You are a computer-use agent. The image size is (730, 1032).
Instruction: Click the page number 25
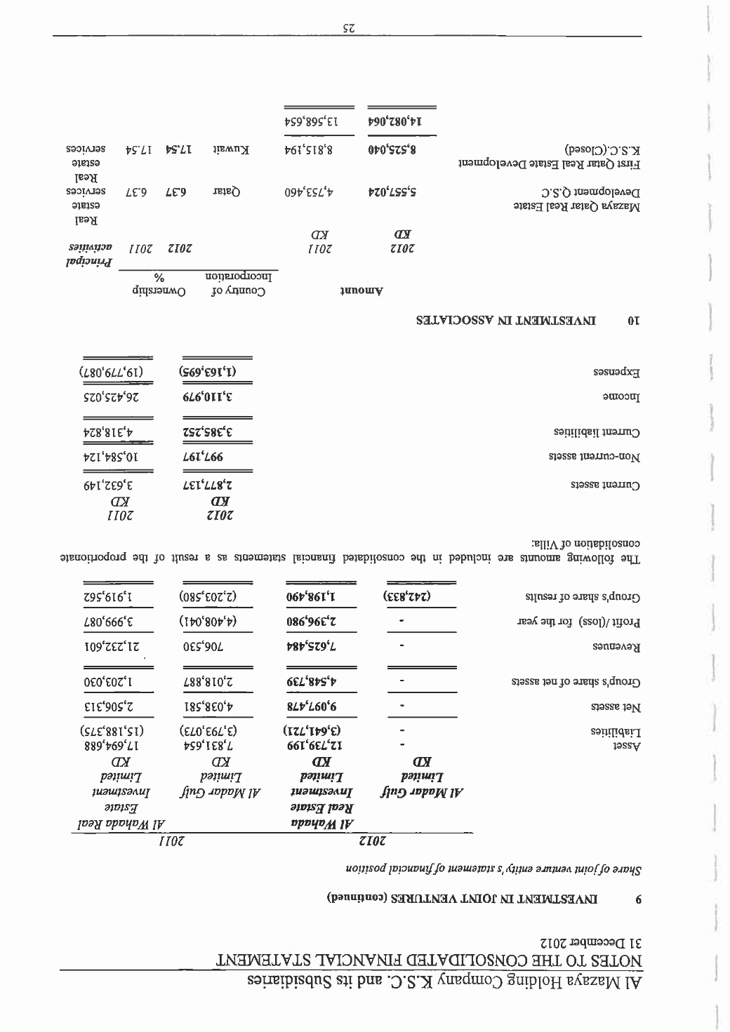(349, 28)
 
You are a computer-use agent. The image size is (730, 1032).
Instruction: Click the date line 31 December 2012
(596, 939)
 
